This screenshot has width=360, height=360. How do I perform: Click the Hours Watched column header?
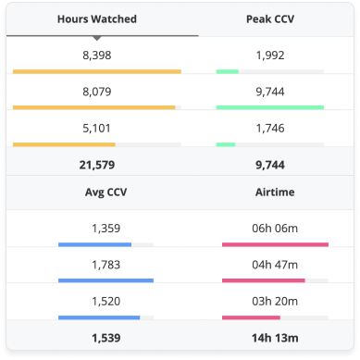pos(96,19)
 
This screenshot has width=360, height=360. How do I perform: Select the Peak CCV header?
pos(269,19)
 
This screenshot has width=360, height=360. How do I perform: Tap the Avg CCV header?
pos(106,192)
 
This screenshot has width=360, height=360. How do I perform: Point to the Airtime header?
pos(276,192)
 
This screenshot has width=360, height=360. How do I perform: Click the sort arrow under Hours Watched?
pos(96,38)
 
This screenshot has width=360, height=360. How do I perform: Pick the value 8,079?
pos(96,92)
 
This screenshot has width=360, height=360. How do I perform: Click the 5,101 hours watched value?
pos(96,128)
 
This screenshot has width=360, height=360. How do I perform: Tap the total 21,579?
pos(96,164)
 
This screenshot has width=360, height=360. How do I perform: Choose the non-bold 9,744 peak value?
pos(269,92)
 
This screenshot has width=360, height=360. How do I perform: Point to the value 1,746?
pos(269,128)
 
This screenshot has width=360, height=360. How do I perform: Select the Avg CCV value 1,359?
pos(106,228)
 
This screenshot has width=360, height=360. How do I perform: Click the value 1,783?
pos(106,264)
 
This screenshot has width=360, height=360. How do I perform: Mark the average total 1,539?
pos(106,336)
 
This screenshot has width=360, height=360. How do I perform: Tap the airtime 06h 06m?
pos(276,228)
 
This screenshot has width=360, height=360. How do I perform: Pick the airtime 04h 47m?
pos(276,264)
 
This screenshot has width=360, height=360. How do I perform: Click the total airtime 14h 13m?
pos(276,336)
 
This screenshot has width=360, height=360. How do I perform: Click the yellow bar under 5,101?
pos(65,144)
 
